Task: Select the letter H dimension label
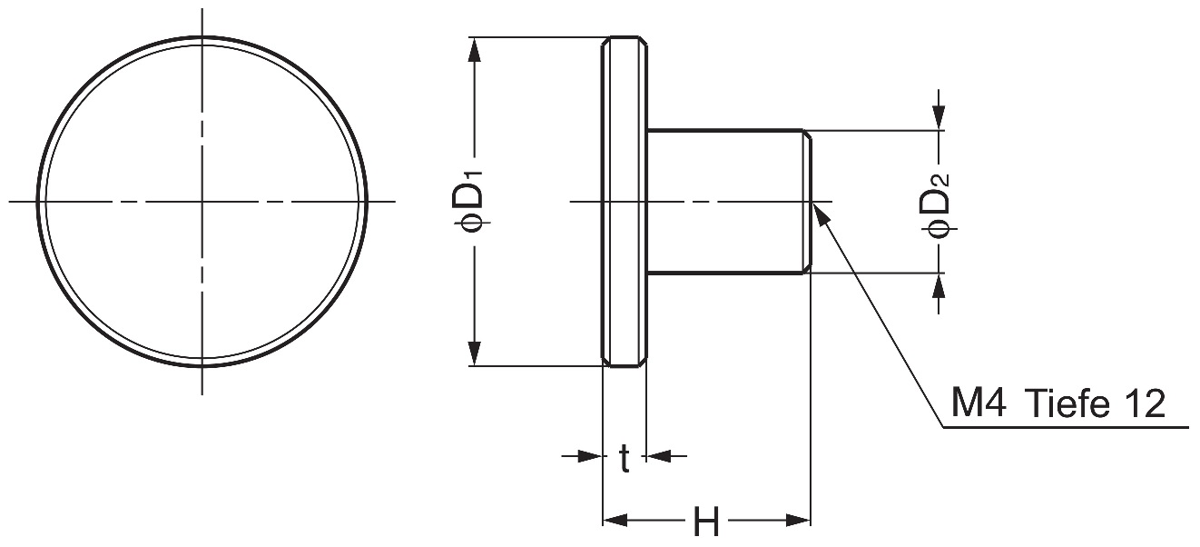coord(706,522)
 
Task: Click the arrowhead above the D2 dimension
coord(939,117)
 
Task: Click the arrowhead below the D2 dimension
coord(939,286)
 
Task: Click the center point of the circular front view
coord(202,200)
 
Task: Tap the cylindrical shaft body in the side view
coord(726,200)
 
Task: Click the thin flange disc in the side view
coord(625,200)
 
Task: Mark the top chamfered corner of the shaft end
coord(806,134)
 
